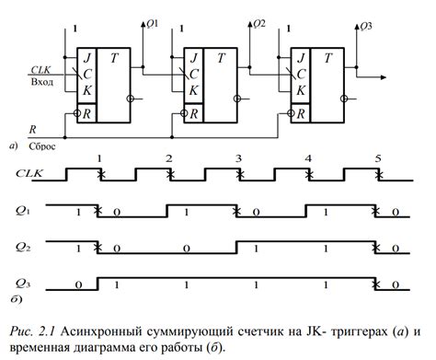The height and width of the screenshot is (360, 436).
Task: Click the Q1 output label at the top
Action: pyautogui.click(x=153, y=24)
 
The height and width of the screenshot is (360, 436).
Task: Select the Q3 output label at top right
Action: pyautogui.click(x=366, y=24)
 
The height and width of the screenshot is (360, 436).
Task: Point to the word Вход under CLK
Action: pyautogui.click(x=42, y=81)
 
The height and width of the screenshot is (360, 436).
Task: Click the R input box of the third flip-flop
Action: pyautogui.click(x=299, y=115)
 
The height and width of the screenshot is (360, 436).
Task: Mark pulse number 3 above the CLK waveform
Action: pyautogui.click(x=237, y=159)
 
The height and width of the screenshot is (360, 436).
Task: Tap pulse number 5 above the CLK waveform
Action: pyautogui.click(x=377, y=159)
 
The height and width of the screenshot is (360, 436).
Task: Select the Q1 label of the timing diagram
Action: pyautogui.click(x=25, y=209)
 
